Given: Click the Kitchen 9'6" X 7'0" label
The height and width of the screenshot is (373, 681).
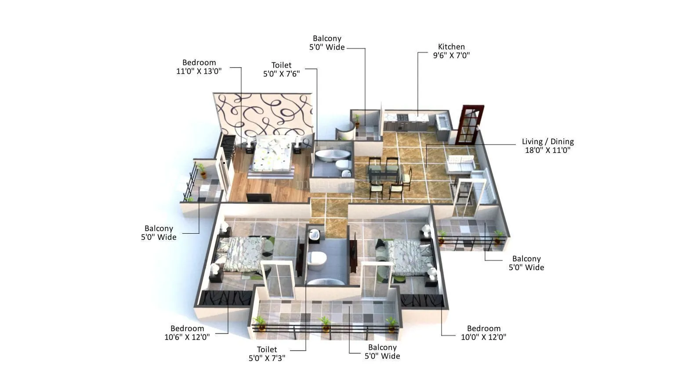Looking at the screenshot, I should click(451, 51).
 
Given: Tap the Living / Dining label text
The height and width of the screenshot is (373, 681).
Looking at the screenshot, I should click(547, 146).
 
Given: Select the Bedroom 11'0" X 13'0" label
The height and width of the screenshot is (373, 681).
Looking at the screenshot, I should click(199, 67).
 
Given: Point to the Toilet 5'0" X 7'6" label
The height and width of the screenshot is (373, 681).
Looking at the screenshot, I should click(281, 69).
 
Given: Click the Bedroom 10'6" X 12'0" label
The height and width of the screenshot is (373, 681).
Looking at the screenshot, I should click(187, 333).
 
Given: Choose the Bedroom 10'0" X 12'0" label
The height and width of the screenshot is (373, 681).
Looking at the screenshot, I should click(483, 333).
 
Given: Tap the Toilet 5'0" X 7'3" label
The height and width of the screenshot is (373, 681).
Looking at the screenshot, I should click(267, 354).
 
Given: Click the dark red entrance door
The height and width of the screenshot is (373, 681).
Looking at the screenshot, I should click(469, 125).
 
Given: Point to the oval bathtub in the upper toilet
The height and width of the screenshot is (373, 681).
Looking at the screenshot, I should click(333, 156).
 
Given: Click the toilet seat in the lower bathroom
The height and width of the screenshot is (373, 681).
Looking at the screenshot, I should click(316, 260).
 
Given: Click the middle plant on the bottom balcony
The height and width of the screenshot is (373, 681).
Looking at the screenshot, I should click(326, 324).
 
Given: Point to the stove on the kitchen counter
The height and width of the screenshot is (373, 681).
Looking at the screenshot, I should click(402, 118).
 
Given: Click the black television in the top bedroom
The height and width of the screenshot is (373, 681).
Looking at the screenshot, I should click(259, 198).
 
